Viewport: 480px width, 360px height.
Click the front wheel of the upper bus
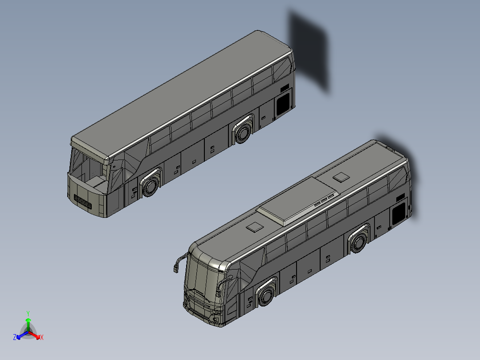[151, 186]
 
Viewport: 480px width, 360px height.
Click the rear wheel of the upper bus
[244, 133]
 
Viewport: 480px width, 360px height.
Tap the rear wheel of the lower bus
[359, 243]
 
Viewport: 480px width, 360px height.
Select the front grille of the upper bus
[83, 203]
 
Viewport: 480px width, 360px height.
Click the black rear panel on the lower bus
[399, 213]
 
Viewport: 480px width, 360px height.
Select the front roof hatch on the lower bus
[255, 227]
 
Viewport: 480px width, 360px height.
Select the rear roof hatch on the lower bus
[342, 177]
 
